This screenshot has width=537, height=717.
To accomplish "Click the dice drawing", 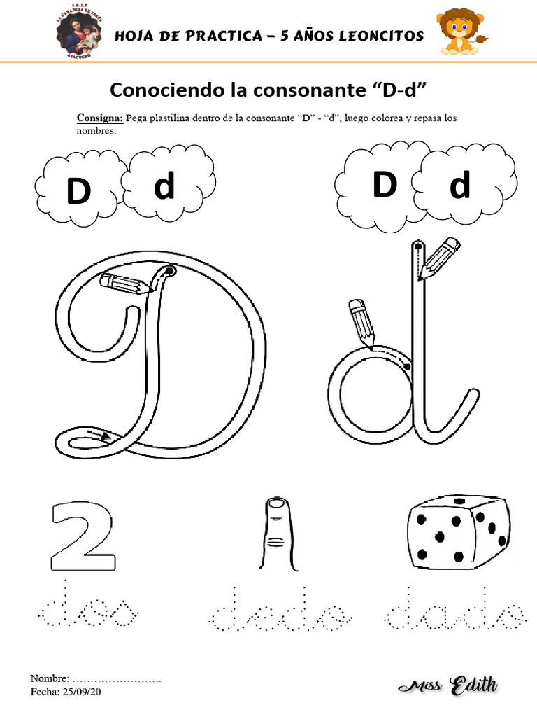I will point(457,531).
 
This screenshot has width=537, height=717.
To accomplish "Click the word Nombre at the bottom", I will point(49,679).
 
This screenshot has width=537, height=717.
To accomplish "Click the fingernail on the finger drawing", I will point(278,506).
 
